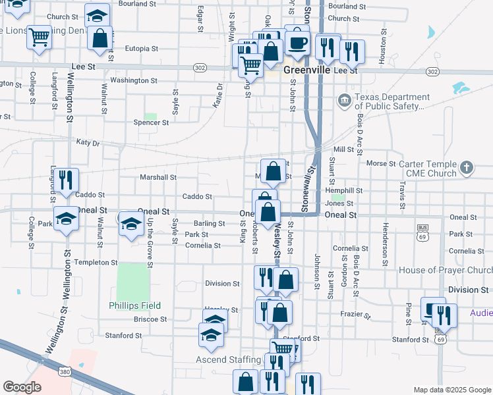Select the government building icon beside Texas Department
(x=344, y=101)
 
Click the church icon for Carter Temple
(x=467, y=167)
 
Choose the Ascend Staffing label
(x=228, y=359)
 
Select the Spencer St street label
(x=147, y=122)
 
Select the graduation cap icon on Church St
(x=98, y=14)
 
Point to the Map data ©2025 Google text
(x=451, y=390)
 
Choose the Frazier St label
(x=357, y=315)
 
